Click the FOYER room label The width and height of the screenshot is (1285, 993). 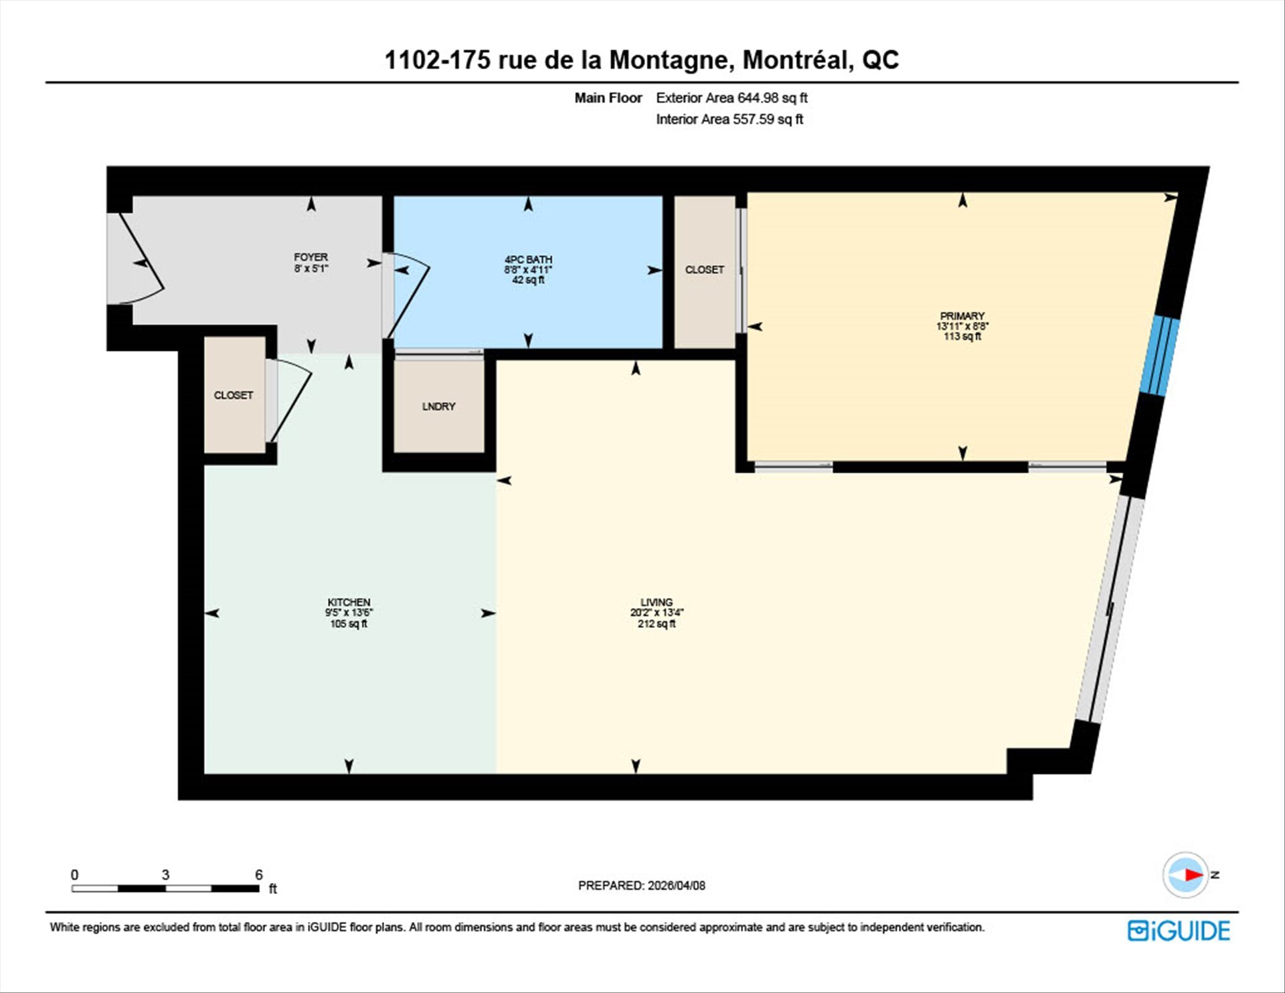[x=311, y=257]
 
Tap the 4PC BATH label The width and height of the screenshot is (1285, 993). [x=528, y=260]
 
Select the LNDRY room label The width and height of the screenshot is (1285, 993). [x=438, y=406]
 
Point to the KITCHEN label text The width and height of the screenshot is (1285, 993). [x=349, y=602]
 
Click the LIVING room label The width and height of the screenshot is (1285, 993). [x=656, y=602]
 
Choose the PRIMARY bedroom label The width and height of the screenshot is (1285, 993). [x=962, y=316]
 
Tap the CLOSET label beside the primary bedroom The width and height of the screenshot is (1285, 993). [x=704, y=270]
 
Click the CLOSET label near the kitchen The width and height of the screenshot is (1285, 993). [x=234, y=396]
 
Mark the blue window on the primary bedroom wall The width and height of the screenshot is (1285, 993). [x=1160, y=356]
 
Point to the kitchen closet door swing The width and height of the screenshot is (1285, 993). [x=293, y=402]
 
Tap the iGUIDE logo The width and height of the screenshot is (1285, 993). [x=1179, y=931]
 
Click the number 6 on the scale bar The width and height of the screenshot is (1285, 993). [x=259, y=874]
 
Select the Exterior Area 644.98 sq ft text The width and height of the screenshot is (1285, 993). [x=732, y=98]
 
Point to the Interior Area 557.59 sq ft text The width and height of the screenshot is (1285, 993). [x=730, y=119]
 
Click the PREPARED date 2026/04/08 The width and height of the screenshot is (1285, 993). [x=676, y=885]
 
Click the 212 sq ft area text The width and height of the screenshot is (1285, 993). [x=656, y=623]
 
